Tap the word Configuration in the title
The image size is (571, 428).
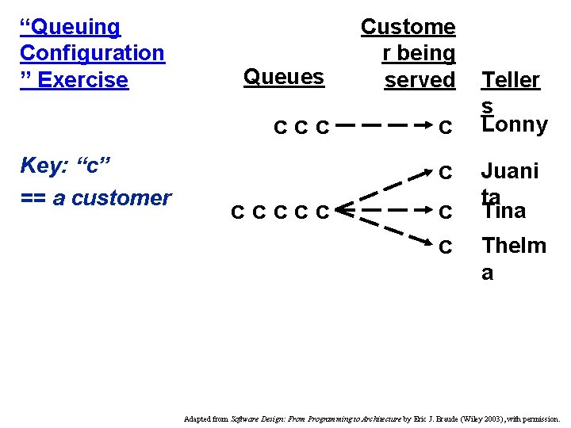(92, 53)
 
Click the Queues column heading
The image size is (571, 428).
(284, 77)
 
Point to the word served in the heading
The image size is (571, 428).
(420, 80)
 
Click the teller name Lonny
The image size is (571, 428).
(515, 125)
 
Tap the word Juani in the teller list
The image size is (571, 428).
(510, 171)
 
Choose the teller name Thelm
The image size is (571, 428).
(514, 246)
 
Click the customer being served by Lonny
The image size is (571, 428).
(446, 127)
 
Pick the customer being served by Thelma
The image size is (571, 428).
(446, 247)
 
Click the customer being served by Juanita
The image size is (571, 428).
(446, 172)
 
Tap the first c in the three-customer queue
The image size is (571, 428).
(280, 127)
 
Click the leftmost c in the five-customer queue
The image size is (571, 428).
(237, 212)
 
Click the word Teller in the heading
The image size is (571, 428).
(511, 80)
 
